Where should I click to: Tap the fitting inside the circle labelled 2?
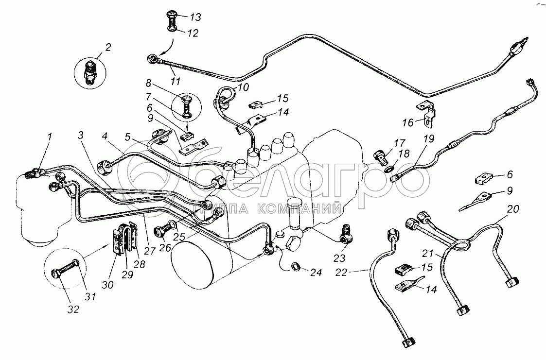point(90,73)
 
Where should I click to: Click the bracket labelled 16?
point(427,111)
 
